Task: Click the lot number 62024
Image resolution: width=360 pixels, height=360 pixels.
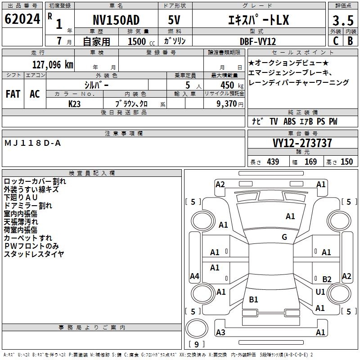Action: tap(22, 19)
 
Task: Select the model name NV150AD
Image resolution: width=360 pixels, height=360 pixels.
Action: tap(116, 20)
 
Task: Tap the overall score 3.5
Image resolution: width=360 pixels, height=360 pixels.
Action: tap(342, 21)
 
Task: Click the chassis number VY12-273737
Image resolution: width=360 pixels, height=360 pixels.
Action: tap(302, 144)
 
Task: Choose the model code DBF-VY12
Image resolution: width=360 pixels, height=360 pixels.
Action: tap(258, 41)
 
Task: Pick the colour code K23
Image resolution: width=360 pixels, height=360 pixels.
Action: tap(75, 103)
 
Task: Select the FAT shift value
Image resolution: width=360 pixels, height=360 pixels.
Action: tap(13, 94)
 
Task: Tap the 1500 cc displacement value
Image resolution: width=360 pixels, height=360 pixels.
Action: tap(137, 41)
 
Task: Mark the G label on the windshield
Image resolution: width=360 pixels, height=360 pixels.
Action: tap(284, 237)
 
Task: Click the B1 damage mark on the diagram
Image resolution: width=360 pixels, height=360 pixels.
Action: tap(253, 299)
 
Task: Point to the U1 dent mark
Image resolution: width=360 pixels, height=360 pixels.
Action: tap(320, 292)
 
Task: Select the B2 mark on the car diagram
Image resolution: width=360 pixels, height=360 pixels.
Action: tap(327, 279)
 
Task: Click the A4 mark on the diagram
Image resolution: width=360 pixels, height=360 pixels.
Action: tap(194, 276)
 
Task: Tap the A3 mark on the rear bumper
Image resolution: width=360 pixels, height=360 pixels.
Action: tap(220, 332)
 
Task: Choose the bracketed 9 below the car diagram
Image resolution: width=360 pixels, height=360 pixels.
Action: tap(196, 345)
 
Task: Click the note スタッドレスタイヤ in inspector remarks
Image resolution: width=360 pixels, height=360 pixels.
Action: tap(34, 254)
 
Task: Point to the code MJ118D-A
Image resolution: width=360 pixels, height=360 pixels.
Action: tap(32, 143)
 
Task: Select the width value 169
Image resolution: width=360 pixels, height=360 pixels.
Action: tap(310, 162)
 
